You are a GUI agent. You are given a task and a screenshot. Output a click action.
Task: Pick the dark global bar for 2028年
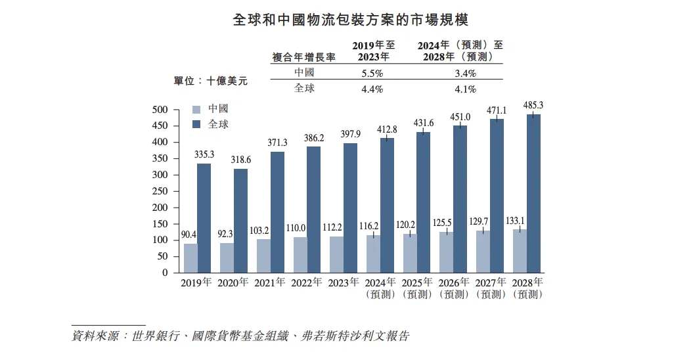[533, 194]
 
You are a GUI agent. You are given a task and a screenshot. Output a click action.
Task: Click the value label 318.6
[240, 160]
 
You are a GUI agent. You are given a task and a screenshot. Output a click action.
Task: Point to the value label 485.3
[533, 105]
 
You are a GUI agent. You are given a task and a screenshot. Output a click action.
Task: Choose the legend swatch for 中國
[196, 109]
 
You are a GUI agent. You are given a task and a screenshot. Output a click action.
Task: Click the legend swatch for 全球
[196, 124]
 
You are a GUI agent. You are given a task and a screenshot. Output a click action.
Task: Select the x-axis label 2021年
[270, 283]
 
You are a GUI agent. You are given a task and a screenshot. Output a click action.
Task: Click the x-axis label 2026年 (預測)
[453, 288]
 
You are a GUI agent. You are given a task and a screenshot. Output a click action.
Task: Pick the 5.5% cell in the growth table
[372, 73]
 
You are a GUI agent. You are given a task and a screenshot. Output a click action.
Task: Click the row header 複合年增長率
[303, 57]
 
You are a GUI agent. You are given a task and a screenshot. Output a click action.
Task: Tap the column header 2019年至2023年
[374, 51]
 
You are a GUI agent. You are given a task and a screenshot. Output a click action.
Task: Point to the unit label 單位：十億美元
[210, 81]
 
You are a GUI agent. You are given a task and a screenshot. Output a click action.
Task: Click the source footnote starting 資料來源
[240, 336]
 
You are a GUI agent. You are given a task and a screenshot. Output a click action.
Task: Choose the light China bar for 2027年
[483, 251]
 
